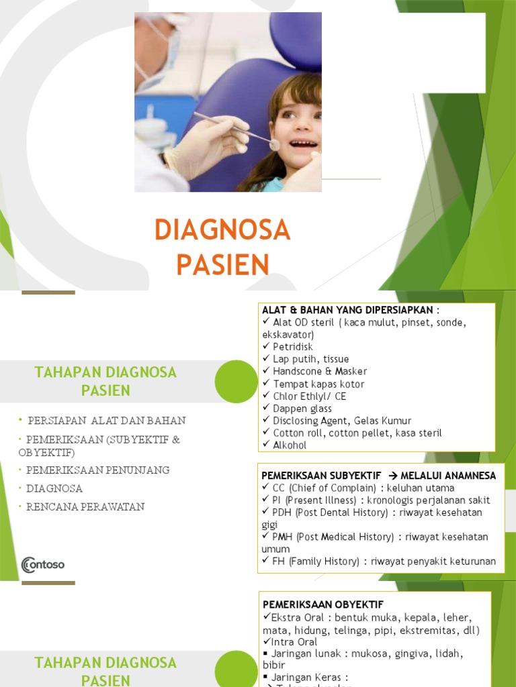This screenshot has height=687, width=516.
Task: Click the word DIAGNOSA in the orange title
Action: coord(222,231)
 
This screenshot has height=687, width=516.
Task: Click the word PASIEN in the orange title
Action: coord(222,265)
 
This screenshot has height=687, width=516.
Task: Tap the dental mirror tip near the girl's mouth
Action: coord(274,144)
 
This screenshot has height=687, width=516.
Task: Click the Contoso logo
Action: coord(43,565)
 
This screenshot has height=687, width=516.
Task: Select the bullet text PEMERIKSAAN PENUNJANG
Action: coord(98,470)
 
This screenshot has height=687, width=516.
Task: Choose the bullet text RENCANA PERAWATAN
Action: coord(85,507)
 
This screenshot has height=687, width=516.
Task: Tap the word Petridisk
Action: coord(293,347)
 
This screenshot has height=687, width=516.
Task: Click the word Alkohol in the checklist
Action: coord(290,445)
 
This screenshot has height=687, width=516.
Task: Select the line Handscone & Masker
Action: coord(320,371)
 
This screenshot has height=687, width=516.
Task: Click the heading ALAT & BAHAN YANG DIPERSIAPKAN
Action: coord(350,309)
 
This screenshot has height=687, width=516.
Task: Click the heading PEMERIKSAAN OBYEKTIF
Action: coord(323,604)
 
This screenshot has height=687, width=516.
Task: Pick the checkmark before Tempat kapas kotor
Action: coord(266,384)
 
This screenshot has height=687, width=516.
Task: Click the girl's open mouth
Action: coord(304,144)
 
